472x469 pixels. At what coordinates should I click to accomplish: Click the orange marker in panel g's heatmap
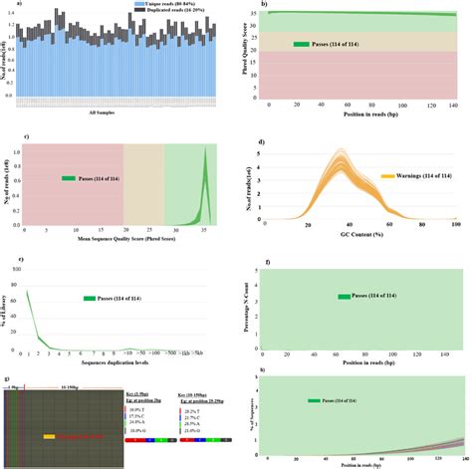click(49, 435)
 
